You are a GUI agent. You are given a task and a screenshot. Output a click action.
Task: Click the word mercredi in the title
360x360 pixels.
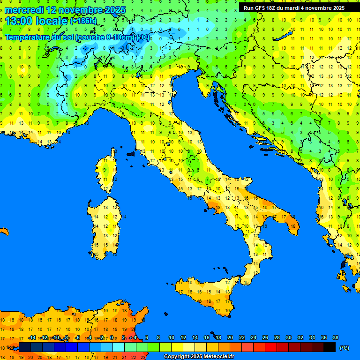[24, 10]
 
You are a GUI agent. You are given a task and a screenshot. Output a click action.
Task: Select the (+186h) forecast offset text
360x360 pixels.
[83, 21]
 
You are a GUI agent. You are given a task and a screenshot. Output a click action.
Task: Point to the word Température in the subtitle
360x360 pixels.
[28, 37]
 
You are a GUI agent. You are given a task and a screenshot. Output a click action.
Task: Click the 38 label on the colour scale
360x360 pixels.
[336, 337]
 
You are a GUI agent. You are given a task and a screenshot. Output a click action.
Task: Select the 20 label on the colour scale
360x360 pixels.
[230, 337]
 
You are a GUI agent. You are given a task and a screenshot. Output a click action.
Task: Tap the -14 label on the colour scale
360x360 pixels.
[32, 337]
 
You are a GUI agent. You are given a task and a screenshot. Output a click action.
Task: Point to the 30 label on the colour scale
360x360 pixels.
[289, 337]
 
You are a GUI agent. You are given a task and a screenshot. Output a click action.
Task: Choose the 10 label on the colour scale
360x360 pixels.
[172, 337]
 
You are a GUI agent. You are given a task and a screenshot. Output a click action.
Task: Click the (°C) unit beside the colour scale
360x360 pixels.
[345, 348]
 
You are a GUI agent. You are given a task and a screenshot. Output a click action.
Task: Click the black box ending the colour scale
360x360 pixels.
[330, 347]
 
